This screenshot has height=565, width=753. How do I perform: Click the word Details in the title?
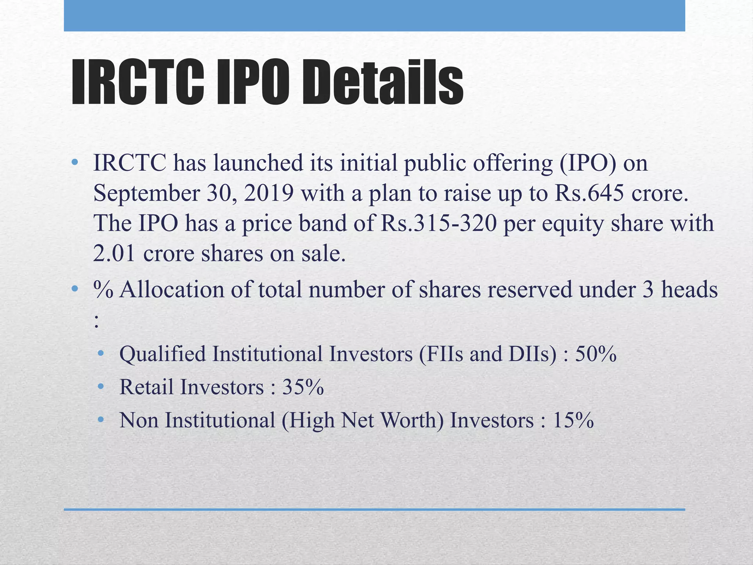[x=382, y=83]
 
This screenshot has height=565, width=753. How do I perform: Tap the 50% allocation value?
[x=596, y=354]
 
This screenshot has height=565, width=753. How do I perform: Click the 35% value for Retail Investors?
[x=303, y=387]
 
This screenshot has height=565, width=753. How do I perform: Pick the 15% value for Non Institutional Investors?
[x=573, y=420]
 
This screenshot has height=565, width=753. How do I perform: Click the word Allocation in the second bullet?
[x=172, y=290]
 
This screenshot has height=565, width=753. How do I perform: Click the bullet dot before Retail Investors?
[x=101, y=387]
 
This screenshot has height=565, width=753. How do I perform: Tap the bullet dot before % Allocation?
[x=75, y=289]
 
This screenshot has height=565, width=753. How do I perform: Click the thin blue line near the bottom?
[x=374, y=509]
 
